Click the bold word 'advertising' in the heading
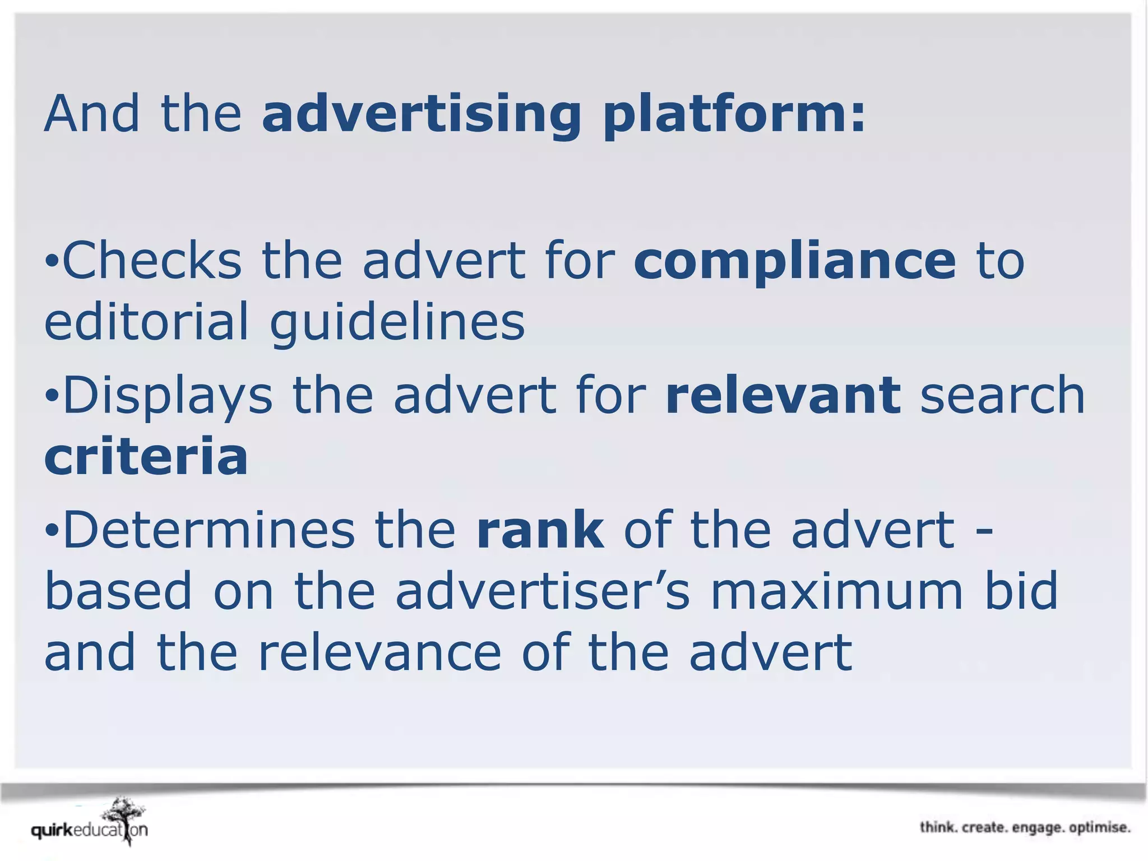coord(422,115)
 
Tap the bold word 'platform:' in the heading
coord(734,115)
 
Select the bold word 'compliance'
coord(795,261)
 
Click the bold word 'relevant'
coord(783,396)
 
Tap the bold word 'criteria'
coord(146,456)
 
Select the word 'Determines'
coord(209,530)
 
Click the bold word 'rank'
coord(540,530)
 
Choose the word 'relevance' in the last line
coord(379,653)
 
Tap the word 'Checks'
coord(152,261)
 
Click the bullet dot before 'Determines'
coord(52,530)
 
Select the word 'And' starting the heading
coord(91,115)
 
